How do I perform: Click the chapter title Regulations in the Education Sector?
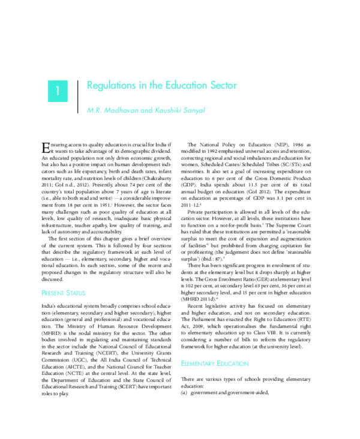tap(162, 86)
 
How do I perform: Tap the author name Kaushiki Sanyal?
tap(180, 110)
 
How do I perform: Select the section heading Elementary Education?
tap(215, 363)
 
